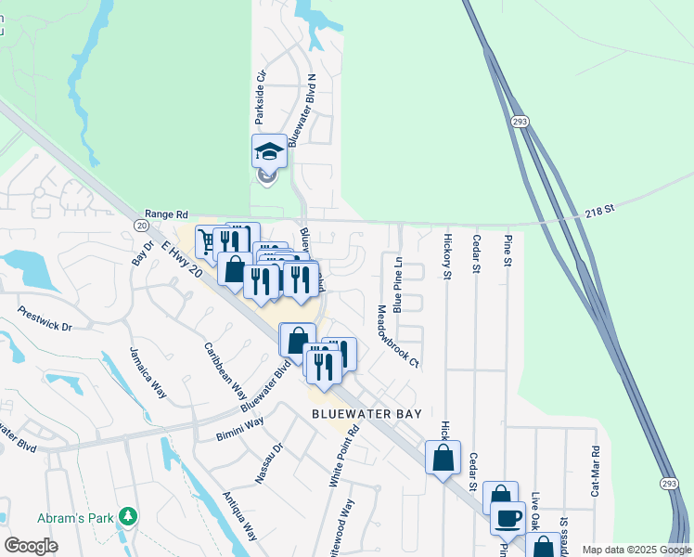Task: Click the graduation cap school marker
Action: pos(269,151)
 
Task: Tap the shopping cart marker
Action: pos(207,240)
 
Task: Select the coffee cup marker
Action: pos(508,518)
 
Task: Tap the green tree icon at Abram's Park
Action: pos(132,516)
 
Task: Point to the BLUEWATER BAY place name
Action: pos(366,414)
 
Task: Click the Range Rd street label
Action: pos(166,213)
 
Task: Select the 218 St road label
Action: pos(599,211)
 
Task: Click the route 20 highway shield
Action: pos(140,225)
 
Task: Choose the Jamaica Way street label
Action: pos(147,372)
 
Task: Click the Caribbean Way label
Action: pos(225,370)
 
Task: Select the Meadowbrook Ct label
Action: pos(397,336)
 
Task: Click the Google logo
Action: pos(31,546)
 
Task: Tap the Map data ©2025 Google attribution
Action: pos(636,551)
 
